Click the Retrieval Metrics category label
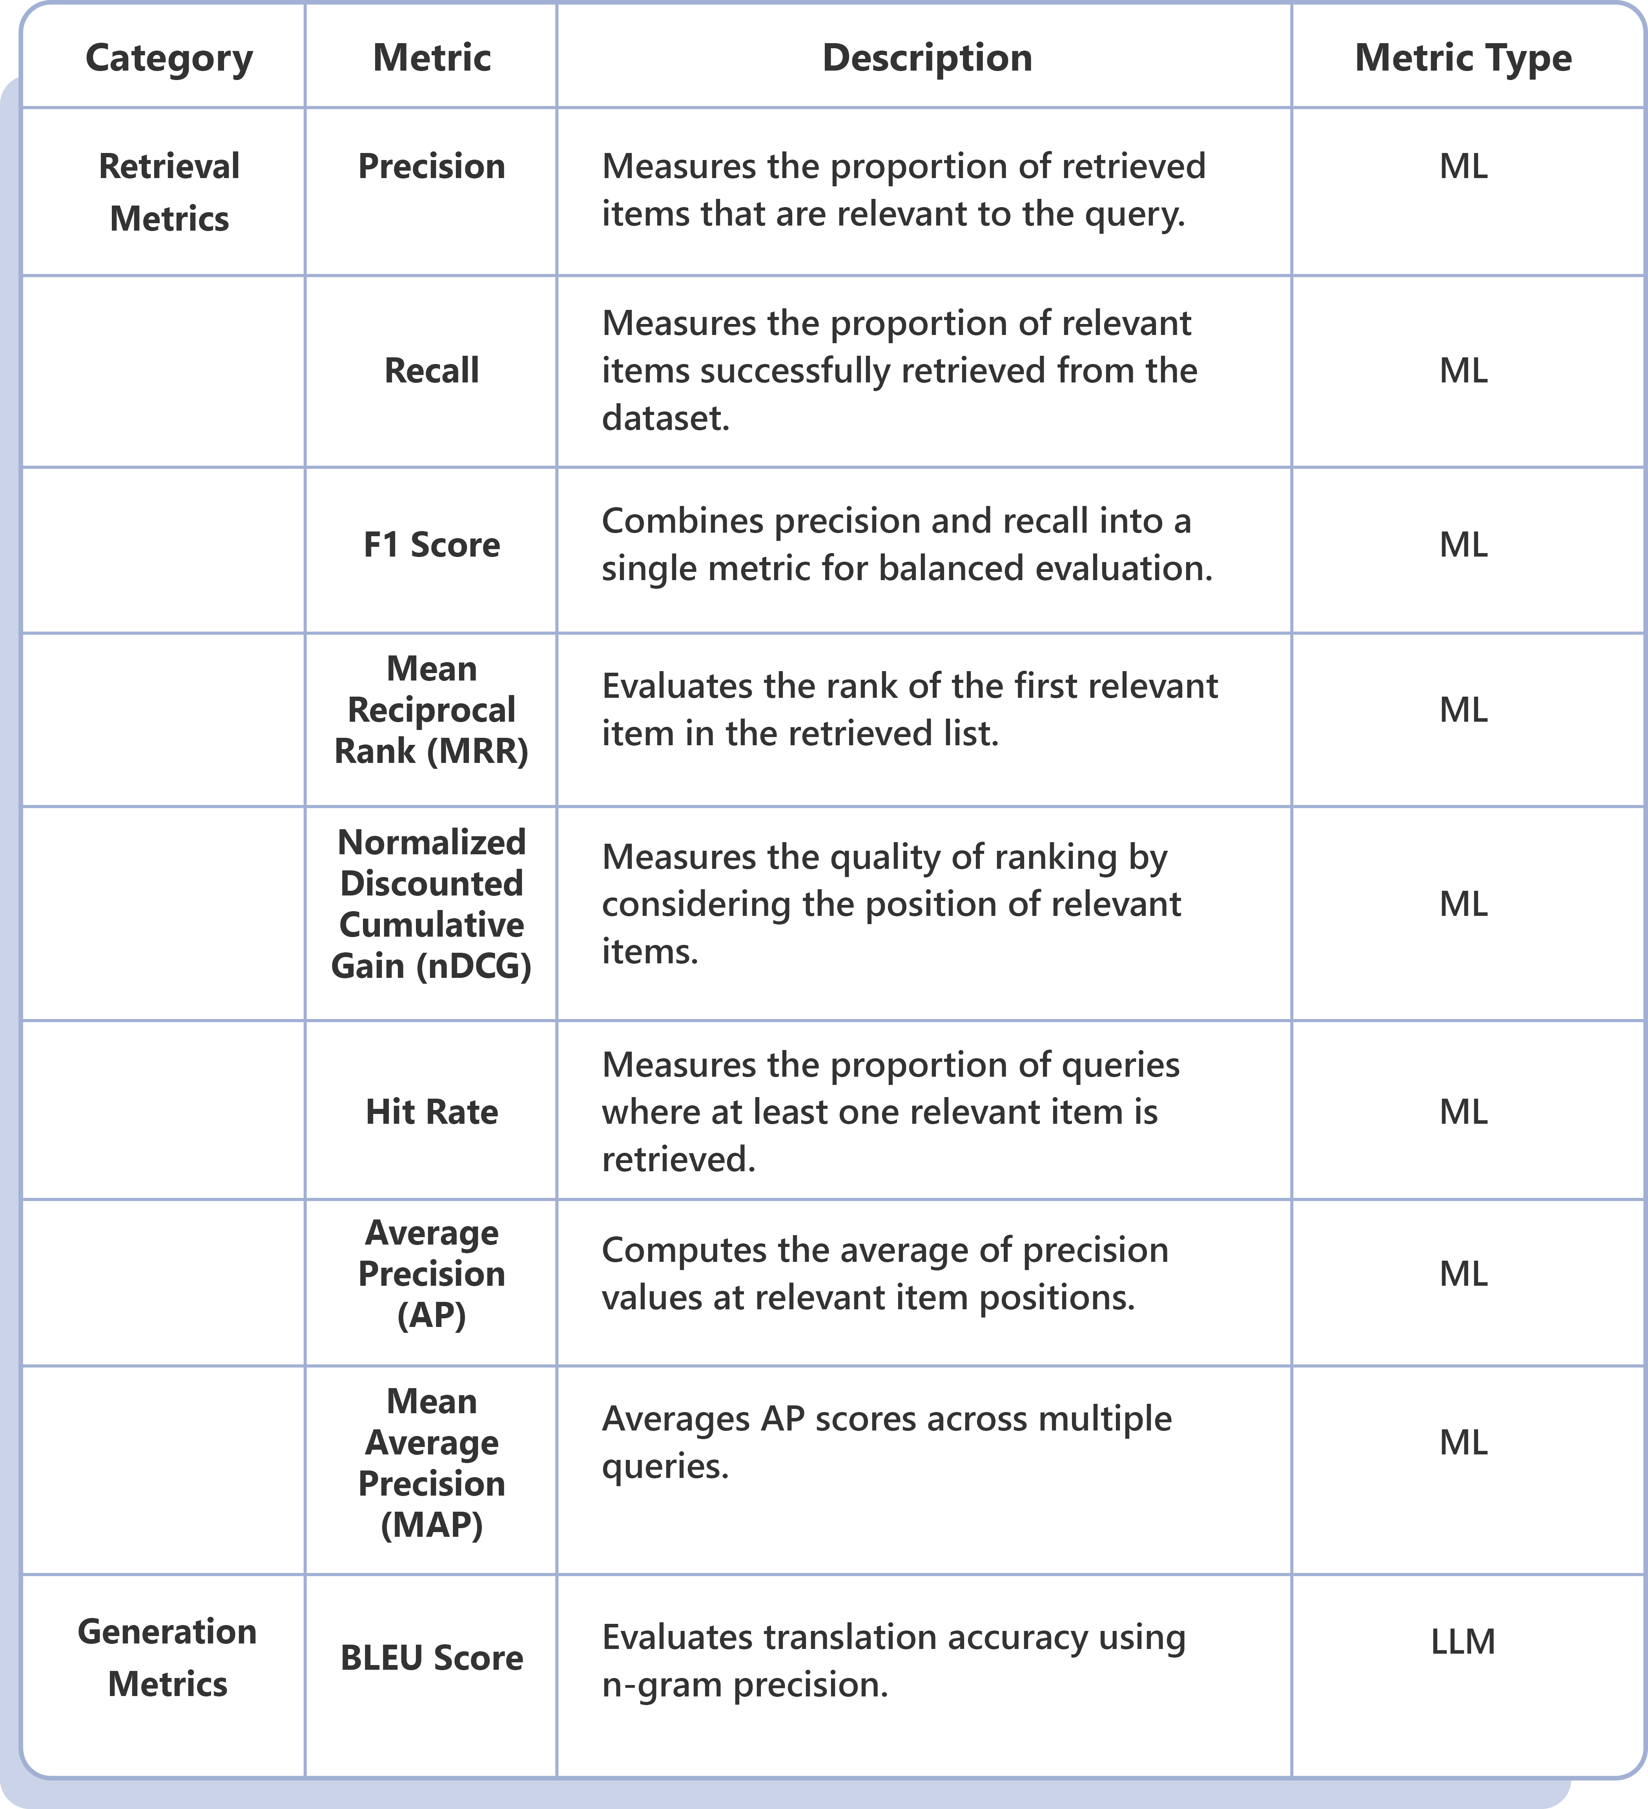169,192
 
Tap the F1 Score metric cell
431,545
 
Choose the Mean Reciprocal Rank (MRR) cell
431,710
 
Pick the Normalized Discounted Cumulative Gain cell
431,904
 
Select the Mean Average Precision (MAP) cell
431,1463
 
